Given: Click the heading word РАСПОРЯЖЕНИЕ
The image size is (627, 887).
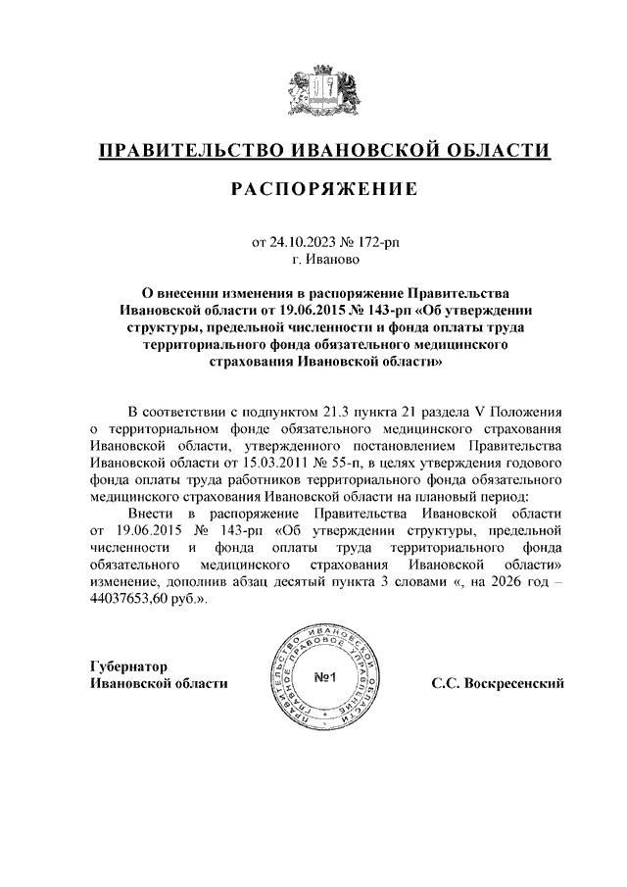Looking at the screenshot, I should click(x=324, y=188).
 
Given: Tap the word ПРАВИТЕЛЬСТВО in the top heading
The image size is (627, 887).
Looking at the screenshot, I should click(x=188, y=150).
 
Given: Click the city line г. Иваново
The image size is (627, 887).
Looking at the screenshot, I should click(x=324, y=260).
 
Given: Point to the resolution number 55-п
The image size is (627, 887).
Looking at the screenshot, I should click(x=355, y=462).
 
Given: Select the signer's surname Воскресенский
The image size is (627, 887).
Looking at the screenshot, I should click(x=511, y=682).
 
